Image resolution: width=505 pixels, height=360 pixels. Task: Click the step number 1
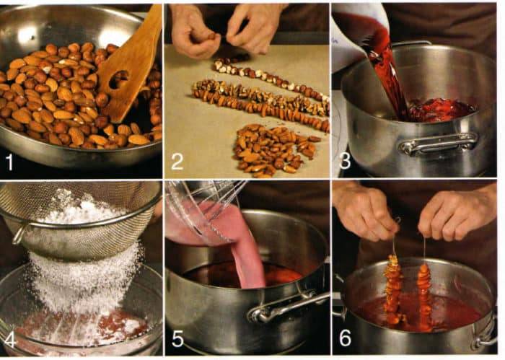pos(9,162)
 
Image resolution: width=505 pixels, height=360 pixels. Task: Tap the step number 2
pos(177,162)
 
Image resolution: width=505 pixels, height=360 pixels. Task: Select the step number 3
pos(345,161)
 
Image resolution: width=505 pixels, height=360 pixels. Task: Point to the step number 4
pos(9,340)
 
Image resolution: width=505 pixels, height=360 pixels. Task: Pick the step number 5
pos(177,338)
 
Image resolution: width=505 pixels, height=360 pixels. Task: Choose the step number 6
pos(346,338)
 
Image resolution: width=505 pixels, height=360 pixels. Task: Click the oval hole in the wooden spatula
pos(118,79)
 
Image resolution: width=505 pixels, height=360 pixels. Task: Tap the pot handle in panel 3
pos(439,143)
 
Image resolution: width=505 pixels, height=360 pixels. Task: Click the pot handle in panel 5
pos(286,307)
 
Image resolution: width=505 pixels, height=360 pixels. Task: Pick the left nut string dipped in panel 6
pos(393,290)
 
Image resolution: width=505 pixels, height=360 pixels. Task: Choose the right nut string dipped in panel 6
pos(424,294)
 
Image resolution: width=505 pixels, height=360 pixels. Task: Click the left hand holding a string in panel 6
pos(366,211)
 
